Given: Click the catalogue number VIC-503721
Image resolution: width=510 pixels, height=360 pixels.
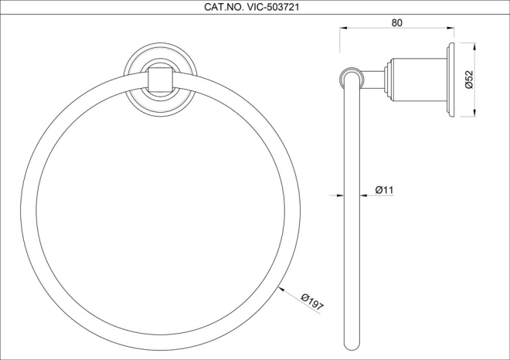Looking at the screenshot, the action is [274, 7].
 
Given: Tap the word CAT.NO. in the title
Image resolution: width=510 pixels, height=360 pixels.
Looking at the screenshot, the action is [224, 7].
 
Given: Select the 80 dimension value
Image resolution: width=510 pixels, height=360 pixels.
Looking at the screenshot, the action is [397, 22].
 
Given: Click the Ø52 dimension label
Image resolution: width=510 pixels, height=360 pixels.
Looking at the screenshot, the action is [469, 80].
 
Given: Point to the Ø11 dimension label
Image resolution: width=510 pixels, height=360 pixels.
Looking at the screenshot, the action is [384, 189].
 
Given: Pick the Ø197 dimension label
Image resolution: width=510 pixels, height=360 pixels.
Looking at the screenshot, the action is [312, 301].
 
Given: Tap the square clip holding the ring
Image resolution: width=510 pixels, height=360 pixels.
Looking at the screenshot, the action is [160, 80].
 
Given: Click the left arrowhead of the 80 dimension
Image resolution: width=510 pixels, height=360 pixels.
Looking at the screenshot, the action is [343, 28].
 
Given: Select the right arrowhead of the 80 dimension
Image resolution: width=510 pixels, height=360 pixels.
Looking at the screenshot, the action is [450, 28].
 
